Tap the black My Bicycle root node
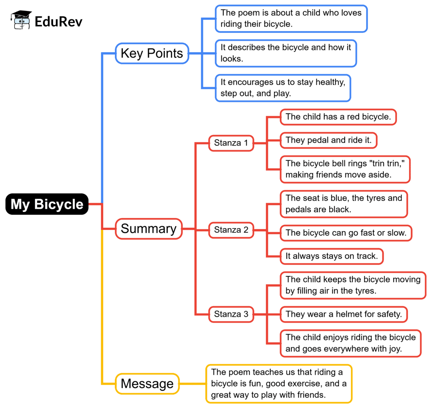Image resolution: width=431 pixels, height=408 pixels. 47,204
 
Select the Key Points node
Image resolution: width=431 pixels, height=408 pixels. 152,53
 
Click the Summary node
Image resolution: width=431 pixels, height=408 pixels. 149,229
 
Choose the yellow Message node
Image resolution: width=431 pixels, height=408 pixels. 147,384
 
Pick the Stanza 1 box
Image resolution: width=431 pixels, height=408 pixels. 231,143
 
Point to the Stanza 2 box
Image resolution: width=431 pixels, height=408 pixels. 231,230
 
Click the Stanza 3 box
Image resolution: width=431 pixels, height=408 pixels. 231,314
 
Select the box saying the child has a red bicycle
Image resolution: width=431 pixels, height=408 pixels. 338,117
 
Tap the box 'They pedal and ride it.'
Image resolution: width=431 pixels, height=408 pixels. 328,140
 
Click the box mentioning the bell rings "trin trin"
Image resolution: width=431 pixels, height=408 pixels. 345,169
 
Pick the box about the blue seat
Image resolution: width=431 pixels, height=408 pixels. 343,204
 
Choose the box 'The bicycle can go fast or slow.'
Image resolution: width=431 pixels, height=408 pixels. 346,232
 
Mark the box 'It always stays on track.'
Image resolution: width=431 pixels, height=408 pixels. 332,256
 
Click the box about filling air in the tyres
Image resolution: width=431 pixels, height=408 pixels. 353,285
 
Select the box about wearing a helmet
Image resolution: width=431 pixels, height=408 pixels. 343,314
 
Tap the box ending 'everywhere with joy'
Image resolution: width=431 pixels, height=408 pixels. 351,343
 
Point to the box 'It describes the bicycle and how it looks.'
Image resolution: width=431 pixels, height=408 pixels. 286,53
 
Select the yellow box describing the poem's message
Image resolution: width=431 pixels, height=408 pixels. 279,384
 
